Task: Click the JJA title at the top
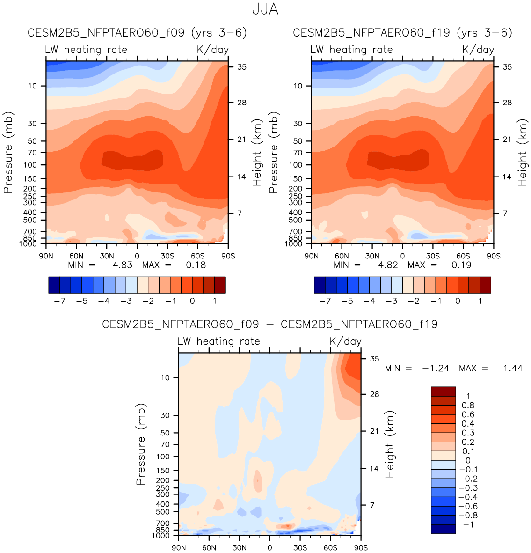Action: pyautogui.click(x=265, y=9)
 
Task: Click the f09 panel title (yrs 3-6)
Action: pyautogui.click(x=137, y=33)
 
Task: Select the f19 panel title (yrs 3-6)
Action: pyautogui.click(x=402, y=33)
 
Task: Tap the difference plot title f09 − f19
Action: pyautogui.click(x=270, y=324)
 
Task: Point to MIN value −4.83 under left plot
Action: pyautogui.click(x=118, y=265)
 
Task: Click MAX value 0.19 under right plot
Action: pyautogui.click(x=461, y=265)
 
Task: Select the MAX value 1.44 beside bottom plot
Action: pyautogui.click(x=513, y=369)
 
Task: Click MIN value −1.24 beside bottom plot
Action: pyautogui.click(x=436, y=369)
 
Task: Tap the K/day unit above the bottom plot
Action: pyautogui.click(x=345, y=341)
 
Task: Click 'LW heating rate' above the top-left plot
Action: pyautogui.click(x=86, y=50)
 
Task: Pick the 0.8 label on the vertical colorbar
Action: pyautogui.click(x=468, y=406)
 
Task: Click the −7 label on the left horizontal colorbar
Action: pyautogui.click(x=59, y=301)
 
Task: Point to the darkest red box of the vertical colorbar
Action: pyautogui.click(x=443, y=391)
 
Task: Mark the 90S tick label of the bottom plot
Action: pyautogui.click(x=360, y=548)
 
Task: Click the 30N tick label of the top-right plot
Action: pyautogui.click(x=372, y=256)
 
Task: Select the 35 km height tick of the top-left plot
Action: pyautogui.click(x=241, y=67)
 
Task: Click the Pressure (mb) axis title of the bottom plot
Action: pyautogui.click(x=141, y=444)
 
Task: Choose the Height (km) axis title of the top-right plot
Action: pyautogui.click(x=522, y=152)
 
